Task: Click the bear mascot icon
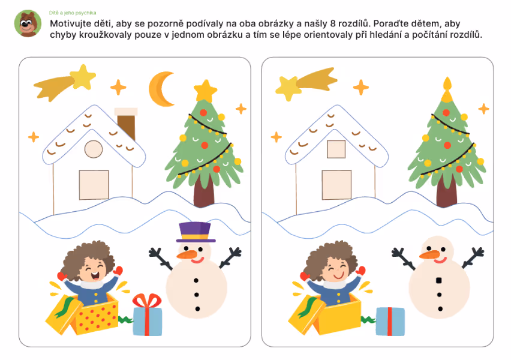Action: (28, 23)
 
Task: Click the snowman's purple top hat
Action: (196, 232)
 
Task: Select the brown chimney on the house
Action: (126, 124)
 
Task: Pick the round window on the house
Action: (94, 149)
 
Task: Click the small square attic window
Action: (336, 149)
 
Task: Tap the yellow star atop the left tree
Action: (205, 91)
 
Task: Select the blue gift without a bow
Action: (390, 322)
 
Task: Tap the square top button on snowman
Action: (438, 280)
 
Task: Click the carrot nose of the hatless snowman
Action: (430, 254)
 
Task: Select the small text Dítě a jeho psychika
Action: (73, 13)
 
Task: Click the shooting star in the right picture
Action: (306, 83)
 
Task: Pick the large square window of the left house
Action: (94, 185)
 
